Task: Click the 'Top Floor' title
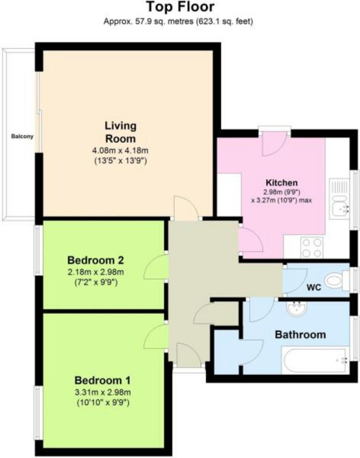(180, 7)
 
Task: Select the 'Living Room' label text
(121, 132)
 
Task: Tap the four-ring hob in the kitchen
(311, 247)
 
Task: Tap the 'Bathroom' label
(301, 335)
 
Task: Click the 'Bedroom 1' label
(103, 380)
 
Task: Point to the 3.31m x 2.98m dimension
(103, 392)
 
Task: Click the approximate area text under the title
(178, 22)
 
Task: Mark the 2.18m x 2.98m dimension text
(95, 273)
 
